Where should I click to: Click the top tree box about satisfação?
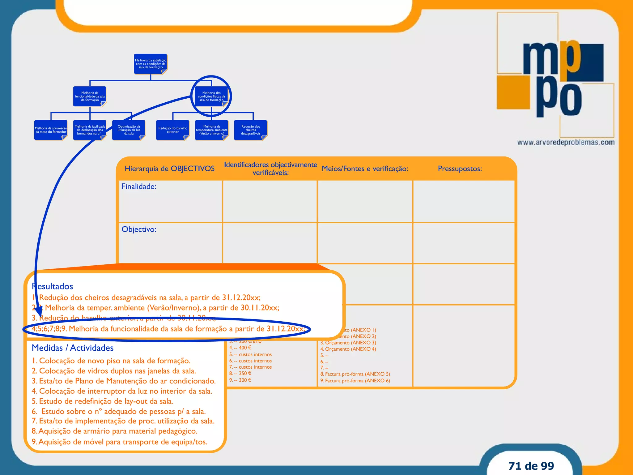pos(151,64)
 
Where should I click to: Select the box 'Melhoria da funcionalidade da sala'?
pos(90,96)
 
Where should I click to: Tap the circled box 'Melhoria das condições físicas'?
pos(211,96)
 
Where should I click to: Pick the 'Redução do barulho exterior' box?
pos(173,130)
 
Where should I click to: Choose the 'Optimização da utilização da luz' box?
pos(129,130)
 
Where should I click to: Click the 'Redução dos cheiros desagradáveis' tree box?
pos(251,130)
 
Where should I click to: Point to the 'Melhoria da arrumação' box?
pos(51,130)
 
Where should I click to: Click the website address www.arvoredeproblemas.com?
pos(566,143)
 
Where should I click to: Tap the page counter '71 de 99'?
pos(531,466)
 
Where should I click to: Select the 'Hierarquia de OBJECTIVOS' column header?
pos(169,169)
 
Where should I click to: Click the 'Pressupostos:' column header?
pos(460,169)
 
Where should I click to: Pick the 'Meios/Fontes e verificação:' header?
pos(365,169)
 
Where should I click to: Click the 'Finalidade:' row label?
pos(139,186)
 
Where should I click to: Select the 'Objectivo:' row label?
pos(139,229)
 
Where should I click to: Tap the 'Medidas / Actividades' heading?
pos(73,348)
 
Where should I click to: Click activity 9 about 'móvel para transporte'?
pos(120,442)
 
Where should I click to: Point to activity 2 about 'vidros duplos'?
pos(114,371)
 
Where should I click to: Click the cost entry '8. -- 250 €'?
pos(240,373)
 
